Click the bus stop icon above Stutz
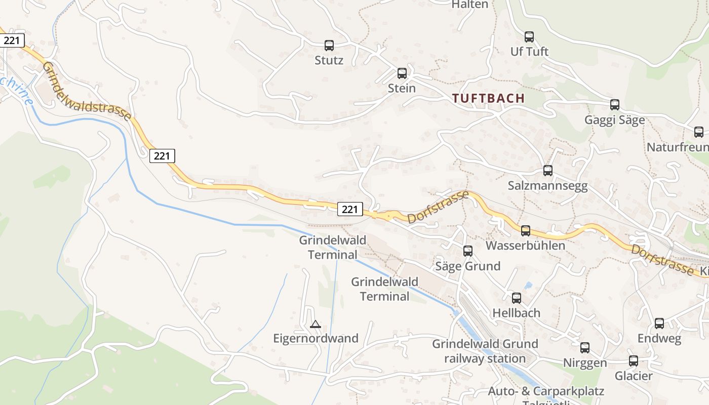(x=329, y=46)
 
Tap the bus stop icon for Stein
(x=402, y=73)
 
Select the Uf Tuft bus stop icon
(x=529, y=37)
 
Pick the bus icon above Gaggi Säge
(x=615, y=105)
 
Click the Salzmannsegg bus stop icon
(x=548, y=171)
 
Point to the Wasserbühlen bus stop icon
(x=526, y=231)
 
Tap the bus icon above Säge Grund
(x=468, y=251)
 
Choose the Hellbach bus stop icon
(x=517, y=298)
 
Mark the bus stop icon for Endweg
(x=659, y=323)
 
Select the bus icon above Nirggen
(x=585, y=348)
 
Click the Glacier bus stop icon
(x=634, y=361)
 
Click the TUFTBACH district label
(x=488, y=98)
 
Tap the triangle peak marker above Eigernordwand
(x=316, y=324)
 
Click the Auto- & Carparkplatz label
(x=546, y=391)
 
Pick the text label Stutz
(x=329, y=61)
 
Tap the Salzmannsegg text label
(x=548, y=186)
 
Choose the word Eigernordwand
(x=316, y=338)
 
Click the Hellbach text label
(x=517, y=313)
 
